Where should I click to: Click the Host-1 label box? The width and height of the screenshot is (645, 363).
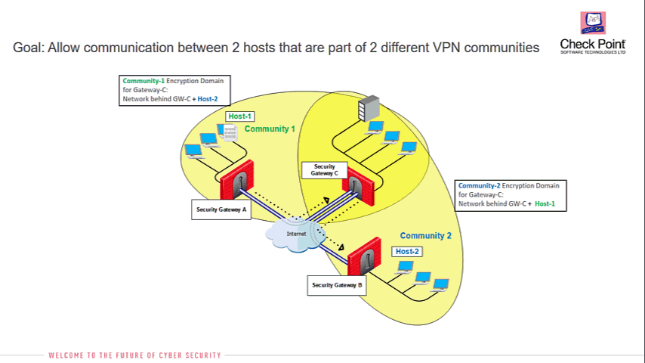tap(240, 116)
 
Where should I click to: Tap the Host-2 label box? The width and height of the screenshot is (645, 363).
tap(407, 251)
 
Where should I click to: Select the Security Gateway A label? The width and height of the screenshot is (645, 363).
tap(221, 209)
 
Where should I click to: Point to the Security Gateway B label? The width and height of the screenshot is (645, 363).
tap(337, 285)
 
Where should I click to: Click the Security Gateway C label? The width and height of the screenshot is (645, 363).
tap(325, 170)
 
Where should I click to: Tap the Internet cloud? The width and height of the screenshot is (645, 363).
tap(296, 234)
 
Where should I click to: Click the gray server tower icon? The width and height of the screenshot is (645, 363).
tap(369, 108)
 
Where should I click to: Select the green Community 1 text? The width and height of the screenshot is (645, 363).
tap(270, 129)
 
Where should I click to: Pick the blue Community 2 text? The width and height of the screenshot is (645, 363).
tap(426, 236)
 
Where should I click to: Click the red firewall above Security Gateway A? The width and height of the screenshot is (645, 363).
tap(236, 180)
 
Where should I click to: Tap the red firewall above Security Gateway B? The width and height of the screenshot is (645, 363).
tap(364, 256)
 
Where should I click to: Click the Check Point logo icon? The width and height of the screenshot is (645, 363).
tap(593, 23)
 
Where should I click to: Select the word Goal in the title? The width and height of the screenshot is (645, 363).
tap(27, 48)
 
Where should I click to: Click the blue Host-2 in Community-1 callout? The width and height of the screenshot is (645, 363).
tap(208, 99)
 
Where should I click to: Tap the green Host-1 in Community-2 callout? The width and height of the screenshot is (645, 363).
tap(545, 203)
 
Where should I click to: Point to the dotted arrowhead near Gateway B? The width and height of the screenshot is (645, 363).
tap(341, 247)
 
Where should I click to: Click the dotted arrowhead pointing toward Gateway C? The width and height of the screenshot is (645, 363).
tap(326, 200)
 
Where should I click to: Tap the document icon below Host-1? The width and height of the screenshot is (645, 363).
tap(230, 133)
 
